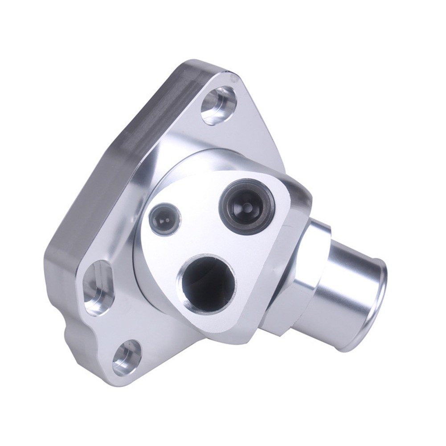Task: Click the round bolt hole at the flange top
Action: [218, 106]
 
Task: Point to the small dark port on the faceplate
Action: [165, 219]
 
